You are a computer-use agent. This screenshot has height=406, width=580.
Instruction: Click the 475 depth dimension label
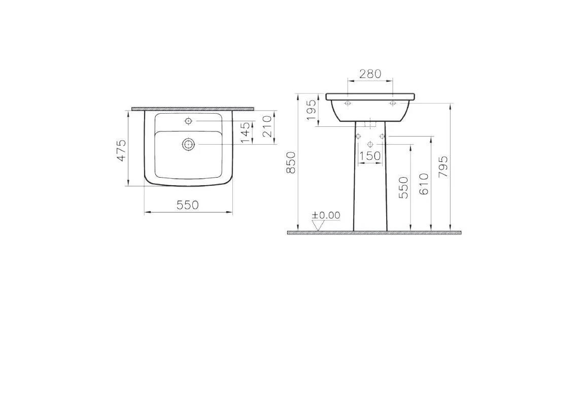[121, 150]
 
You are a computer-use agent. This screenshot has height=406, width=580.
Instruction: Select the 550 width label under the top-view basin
[188, 205]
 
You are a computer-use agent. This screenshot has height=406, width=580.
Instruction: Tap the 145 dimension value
[245, 132]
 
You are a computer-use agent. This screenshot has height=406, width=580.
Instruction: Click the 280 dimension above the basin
[370, 74]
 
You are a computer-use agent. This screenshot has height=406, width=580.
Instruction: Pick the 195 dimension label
[312, 110]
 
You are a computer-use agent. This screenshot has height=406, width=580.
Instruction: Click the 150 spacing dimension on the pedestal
[369, 156]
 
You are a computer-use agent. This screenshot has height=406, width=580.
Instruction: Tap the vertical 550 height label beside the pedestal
[403, 187]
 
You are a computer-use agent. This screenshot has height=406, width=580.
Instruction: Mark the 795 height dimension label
[443, 166]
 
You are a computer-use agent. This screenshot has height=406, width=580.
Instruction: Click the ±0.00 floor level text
[326, 215]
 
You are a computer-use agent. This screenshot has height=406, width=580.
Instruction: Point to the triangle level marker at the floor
[318, 226]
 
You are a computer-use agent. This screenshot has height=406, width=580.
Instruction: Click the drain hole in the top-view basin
[189, 144]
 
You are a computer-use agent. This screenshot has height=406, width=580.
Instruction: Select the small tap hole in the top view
[189, 121]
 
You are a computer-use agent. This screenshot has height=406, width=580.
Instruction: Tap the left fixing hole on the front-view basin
[348, 104]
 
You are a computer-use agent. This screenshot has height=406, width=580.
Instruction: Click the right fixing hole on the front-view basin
[392, 104]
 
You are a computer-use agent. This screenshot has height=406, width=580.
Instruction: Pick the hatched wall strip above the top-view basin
[192, 109]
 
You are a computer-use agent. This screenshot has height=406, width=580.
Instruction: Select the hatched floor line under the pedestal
[374, 233]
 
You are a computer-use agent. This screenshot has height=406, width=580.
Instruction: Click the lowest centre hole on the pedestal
[370, 145]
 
